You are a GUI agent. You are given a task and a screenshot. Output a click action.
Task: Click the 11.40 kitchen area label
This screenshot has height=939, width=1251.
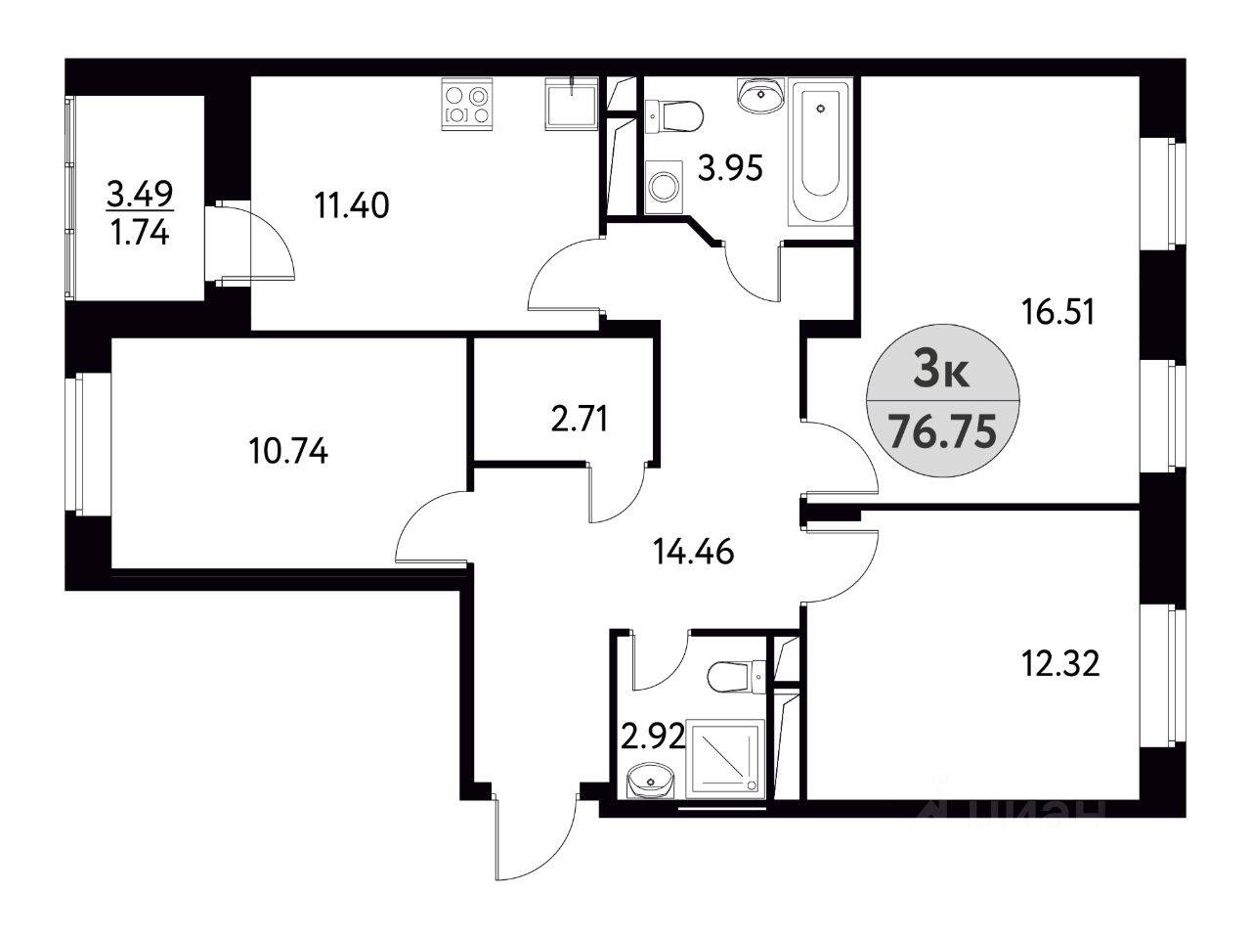tap(352, 206)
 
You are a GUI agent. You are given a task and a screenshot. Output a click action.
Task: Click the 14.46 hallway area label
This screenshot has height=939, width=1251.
tap(692, 553)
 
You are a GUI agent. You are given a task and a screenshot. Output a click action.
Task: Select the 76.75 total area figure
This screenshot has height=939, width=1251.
tap(942, 430)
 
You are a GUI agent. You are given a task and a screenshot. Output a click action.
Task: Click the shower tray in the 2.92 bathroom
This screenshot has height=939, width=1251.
tap(728, 757)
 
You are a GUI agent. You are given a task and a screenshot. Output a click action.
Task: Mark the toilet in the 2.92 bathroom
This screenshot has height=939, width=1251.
tap(739, 675)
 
